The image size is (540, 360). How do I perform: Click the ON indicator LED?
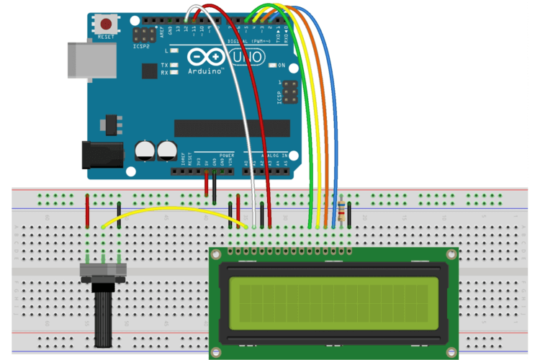pos(272,66)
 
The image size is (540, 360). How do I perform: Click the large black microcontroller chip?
pos(232,127)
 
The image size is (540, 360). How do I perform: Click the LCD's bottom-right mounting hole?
pos(451,351)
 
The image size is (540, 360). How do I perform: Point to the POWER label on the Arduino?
pos(227,155)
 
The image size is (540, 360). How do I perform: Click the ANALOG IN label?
pos(274,155)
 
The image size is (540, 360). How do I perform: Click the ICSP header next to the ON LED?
pos(290,91)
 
